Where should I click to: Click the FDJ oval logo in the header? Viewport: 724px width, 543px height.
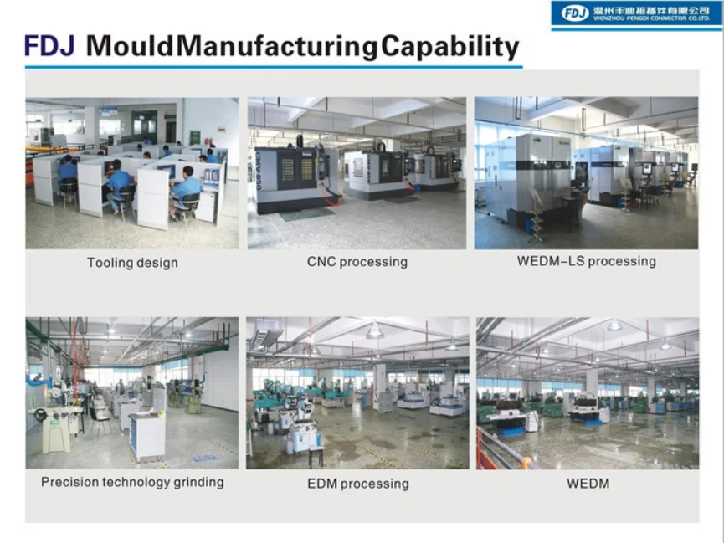coord(575,13)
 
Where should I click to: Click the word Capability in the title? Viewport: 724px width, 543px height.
coord(450,48)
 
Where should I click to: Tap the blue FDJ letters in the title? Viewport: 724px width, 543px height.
coord(49,46)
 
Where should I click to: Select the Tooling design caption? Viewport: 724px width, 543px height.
coord(132,263)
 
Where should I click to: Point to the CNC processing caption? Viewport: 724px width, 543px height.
coord(357,262)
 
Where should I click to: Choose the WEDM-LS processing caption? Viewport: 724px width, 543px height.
coord(587,261)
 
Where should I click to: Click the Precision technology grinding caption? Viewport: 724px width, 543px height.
coord(132,482)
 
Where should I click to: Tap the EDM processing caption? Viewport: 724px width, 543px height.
coord(358,484)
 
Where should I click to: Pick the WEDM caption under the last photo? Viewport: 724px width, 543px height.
coord(588,484)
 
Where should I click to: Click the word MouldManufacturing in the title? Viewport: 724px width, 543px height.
coord(232,47)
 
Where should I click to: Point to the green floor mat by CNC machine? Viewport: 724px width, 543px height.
coord(307,214)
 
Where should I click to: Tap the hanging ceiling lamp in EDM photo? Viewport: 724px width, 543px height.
coord(374,330)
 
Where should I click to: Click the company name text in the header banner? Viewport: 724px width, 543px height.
coord(651,14)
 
